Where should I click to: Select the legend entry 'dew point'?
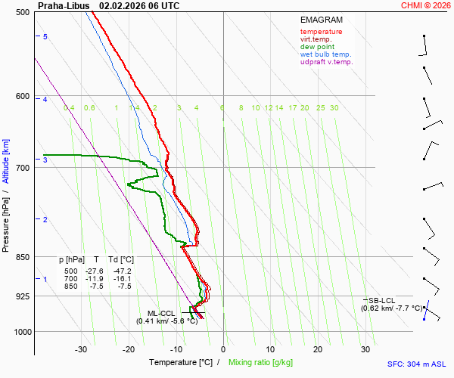(x=316, y=47)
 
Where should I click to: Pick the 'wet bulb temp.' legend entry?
(x=325, y=54)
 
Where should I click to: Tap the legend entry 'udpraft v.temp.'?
(x=326, y=62)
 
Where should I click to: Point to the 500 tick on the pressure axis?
(x=21, y=13)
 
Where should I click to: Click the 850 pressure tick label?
(x=21, y=258)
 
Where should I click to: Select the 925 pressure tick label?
(x=21, y=296)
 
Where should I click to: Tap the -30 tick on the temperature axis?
(x=81, y=349)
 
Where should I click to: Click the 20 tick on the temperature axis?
(x=318, y=349)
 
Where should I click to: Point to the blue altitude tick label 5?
(x=45, y=37)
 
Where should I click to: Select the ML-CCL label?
(x=161, y=313)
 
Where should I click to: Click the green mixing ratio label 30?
(x=334, y=108)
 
